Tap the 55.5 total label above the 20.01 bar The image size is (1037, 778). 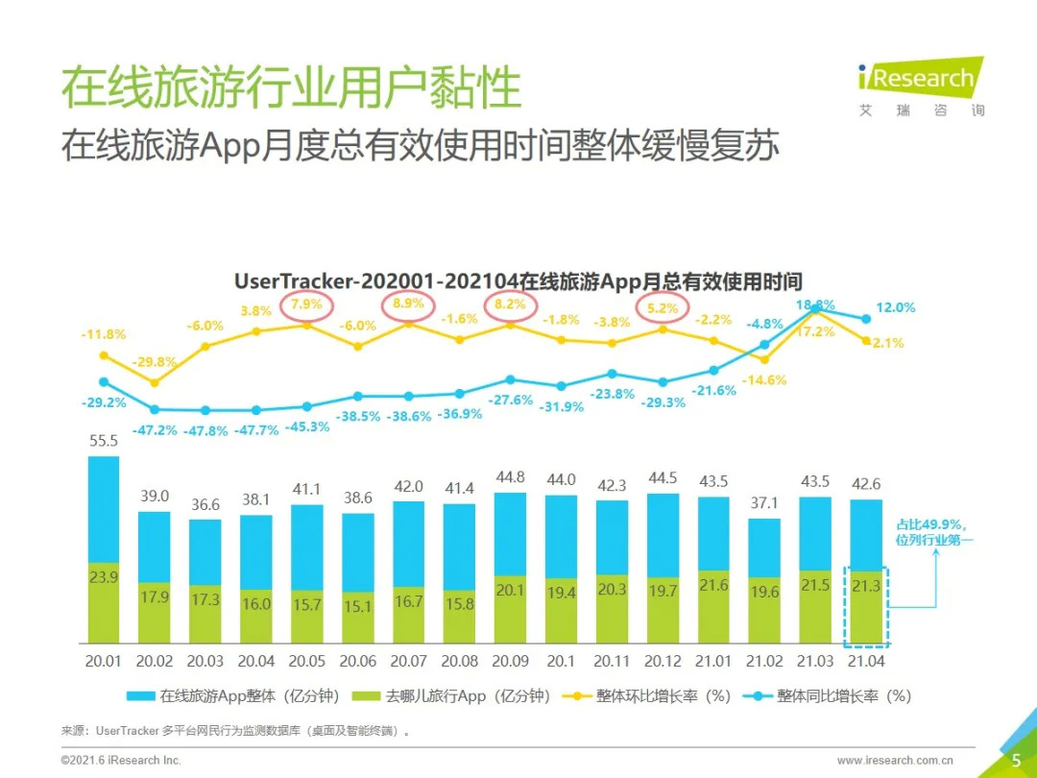click(x=103, y=442)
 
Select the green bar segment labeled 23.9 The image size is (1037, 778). click(x=104, y=603)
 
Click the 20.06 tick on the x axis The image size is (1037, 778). click(x=358, y=662)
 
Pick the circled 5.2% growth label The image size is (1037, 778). click(x=663, y=308)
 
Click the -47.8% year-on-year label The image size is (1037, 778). click(x=205, y=431)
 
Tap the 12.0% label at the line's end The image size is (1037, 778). click(x=896, y=307)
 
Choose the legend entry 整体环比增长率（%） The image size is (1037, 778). click(x=653, y=696)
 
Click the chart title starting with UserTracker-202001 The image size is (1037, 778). click(x=518, y=281)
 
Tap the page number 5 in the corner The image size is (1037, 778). click(x=1016, y=761)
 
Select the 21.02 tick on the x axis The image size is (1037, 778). click(x=763, y=662)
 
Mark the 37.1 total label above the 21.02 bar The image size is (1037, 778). click(x=763, y=504)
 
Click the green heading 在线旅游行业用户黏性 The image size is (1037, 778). click(x=291, y=87)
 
